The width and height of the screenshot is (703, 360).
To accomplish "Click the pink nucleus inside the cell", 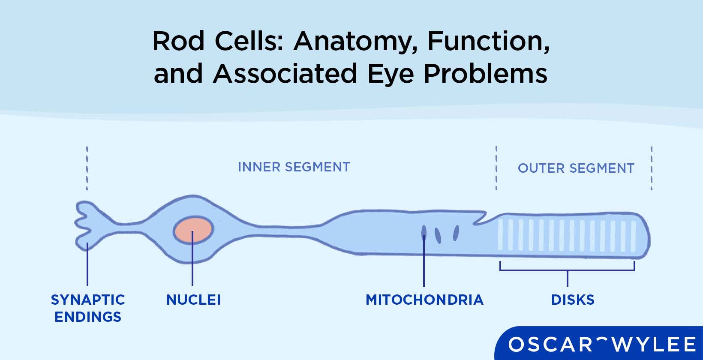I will pos(193,230).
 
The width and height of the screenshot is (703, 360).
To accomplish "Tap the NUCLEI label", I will pos(193,300).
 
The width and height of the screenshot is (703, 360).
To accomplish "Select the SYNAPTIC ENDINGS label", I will pos(88,308).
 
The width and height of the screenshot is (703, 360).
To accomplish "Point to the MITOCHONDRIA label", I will pos(424,300).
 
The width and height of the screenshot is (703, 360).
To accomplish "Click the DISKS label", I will pos(573,300).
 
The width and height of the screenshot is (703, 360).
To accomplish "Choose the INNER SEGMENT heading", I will pos(294,167).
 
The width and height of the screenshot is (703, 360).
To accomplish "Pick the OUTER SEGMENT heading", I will pos(576,168).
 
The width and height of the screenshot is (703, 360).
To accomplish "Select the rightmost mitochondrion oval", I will pos(456,233).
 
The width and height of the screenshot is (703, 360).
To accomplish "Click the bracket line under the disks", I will pos(567,270).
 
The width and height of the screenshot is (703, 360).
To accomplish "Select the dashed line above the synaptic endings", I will pos(87,168).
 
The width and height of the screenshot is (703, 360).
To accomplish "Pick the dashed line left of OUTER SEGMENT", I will pos(496,168).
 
